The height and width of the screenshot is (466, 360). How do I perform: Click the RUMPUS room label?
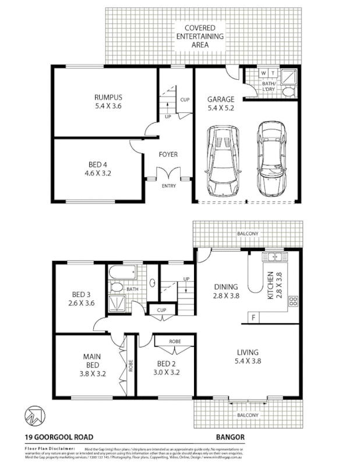pyautogui.click(x=108, y=102)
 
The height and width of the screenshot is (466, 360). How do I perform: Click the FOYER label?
pyautogui.click(x=168, y=155)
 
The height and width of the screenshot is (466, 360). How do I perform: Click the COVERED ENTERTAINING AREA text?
pyautogui.click(x=200, y=36)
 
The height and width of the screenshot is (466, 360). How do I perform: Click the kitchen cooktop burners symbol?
pyautogui.click(x=293, y=301)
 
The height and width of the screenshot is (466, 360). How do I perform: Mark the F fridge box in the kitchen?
pyautogui.click(x=254, y=317)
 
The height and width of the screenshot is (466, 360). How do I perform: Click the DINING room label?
pyautogui.click(x=227, y=291)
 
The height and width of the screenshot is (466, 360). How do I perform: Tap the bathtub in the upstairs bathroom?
pyautogui.click(x=122, y=272)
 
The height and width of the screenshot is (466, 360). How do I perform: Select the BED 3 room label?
pyautogui.click(x=80, y=298)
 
